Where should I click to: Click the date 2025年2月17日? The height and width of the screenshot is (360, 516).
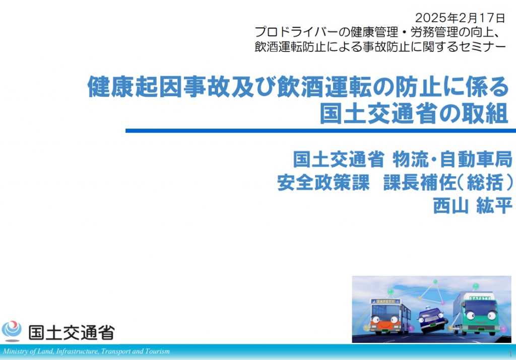click(460, 18)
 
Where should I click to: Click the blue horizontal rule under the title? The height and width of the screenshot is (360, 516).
click(320, 130)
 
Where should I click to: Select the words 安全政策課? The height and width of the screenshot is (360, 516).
click(324, 182)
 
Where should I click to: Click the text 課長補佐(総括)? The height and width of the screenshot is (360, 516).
click(448, 182)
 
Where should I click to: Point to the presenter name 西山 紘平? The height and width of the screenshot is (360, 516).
click(473, 206)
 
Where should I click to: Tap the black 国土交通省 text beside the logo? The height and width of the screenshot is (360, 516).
click(72, 332)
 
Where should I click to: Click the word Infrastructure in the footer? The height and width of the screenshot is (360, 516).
click(77, 351)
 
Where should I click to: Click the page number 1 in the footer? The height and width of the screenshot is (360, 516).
click(510, 354)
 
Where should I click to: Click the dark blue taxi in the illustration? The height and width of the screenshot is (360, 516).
click(432, 319)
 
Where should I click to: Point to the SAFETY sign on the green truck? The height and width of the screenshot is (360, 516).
click(480, 298)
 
